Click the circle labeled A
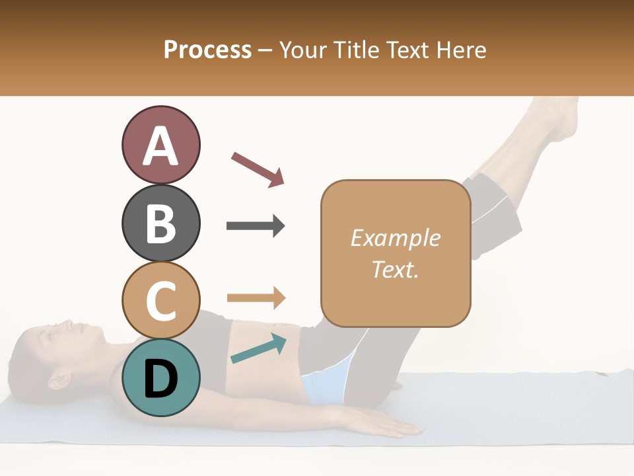point(161,145)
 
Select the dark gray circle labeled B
point(161,223)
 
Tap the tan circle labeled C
point(161,300)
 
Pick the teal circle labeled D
point(161,377)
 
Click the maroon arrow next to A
point(258,169)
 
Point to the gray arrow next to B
point(256,226)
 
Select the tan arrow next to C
point(256,297)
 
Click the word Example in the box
point(396,238)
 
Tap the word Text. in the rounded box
point(396,270)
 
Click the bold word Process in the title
point(207,50)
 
